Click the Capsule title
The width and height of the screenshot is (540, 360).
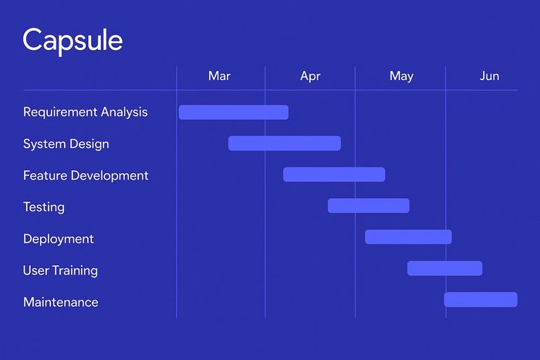(x=73, y=40)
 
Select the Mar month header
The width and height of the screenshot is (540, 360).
(x=219, y=76)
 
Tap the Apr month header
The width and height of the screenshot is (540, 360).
(x=310, y=76)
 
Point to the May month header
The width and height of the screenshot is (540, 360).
(x=401, y=76)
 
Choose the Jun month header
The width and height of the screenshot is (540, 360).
(x=489, y=76)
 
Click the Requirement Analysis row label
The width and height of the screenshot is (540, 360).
(x=85, y=112)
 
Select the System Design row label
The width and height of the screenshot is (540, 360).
(x=66, y=143)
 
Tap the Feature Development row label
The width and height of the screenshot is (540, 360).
(x=86, y=175)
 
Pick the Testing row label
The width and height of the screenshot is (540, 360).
(x=44, y=207)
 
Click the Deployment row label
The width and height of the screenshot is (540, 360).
(x=59, y=239)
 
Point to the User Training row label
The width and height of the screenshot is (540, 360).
(x=60, y=271)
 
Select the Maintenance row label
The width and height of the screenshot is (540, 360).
(x=61, y=302)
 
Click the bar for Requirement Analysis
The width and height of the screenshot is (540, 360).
(x=234, y=112)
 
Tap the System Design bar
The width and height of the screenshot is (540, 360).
(x=285, y=143)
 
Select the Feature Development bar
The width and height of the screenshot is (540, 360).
(x=334, y=174)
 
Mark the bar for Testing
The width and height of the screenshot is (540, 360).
(x=369, y=206)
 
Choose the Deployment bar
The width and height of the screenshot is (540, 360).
(x=408, y=237)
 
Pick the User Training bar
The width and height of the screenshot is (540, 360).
(x=445, y=268)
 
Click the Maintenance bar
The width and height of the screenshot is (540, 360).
(x=481, y=299)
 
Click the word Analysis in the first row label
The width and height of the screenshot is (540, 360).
(x=124, y=112)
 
